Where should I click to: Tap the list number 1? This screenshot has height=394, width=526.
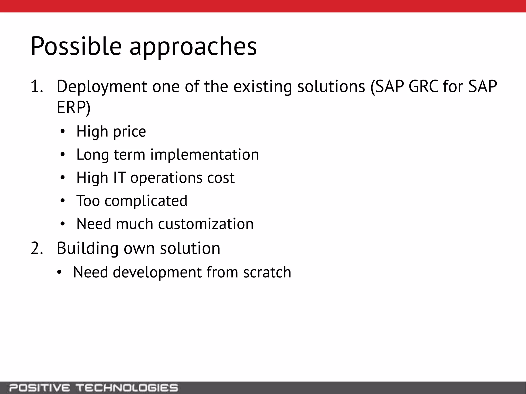(x=36, y=86)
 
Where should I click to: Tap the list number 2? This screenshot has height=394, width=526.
(x=36, y=248)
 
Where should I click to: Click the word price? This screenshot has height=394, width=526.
(x=129, y=132)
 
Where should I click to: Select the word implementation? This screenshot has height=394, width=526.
(x=204, y=155)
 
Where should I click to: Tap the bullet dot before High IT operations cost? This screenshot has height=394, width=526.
(x=63, y=178)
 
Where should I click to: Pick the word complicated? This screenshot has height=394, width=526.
(x=146, y=201)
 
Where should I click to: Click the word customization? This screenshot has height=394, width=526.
(x=206, y=224)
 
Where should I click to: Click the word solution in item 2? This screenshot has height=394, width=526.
(x=190, y=248)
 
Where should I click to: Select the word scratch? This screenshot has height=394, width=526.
(x=267, y=272)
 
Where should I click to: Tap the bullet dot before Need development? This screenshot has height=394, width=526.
(x=60, y=272)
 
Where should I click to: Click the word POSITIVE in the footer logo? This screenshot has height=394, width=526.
(x=39, y=387)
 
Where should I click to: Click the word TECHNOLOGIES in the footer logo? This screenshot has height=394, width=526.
(x=127, y=387)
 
